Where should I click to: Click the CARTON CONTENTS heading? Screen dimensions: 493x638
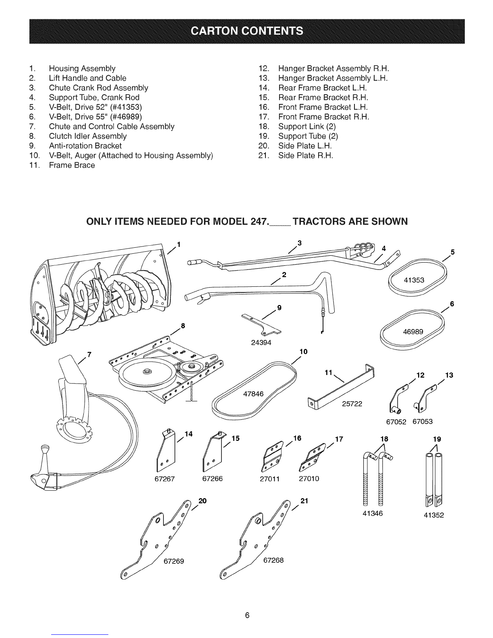(x=247, y=31)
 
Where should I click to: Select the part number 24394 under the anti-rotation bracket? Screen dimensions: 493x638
(x=261, y=342)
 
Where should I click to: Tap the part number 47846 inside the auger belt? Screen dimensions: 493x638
(x=253, y=394)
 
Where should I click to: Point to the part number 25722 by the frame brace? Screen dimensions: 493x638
(x=352, y=404)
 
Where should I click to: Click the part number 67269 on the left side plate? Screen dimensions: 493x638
(x=174, y=561)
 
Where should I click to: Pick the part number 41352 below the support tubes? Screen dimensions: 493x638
(x=434, y=515)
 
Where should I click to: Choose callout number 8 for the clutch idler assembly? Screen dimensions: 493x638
(x=183, y=325)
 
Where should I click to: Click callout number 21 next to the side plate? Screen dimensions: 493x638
(x=304, y=501)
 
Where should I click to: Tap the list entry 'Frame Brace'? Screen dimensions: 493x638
(x=72, y=165)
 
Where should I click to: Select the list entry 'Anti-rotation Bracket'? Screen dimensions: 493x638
(x=85, y=146)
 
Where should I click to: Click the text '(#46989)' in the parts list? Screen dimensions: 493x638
(x=126, y=117)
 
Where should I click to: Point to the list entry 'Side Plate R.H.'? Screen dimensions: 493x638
(x=306, y=155)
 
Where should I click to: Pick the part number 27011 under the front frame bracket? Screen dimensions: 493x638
(x=269, y=479)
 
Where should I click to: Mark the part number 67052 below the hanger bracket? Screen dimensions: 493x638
(x=396, y=422)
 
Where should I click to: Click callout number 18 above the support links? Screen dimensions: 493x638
(x=384, y=439)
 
